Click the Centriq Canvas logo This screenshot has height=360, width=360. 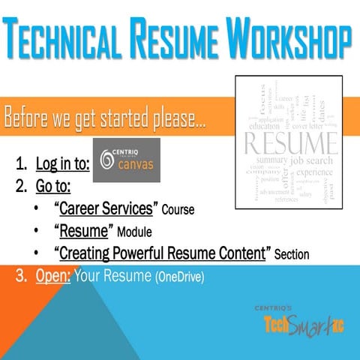coord(124,160)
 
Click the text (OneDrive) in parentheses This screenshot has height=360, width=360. coord(179,277)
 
